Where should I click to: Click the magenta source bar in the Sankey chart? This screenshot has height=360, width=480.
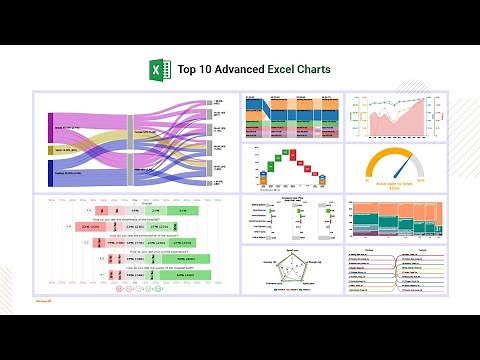click(50, 128)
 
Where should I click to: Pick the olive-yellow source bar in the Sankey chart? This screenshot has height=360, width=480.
click(50, 150)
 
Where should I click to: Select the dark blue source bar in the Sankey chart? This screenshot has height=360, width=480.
click(50, 172)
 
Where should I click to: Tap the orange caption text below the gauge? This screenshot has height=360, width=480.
click(396, 187)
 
